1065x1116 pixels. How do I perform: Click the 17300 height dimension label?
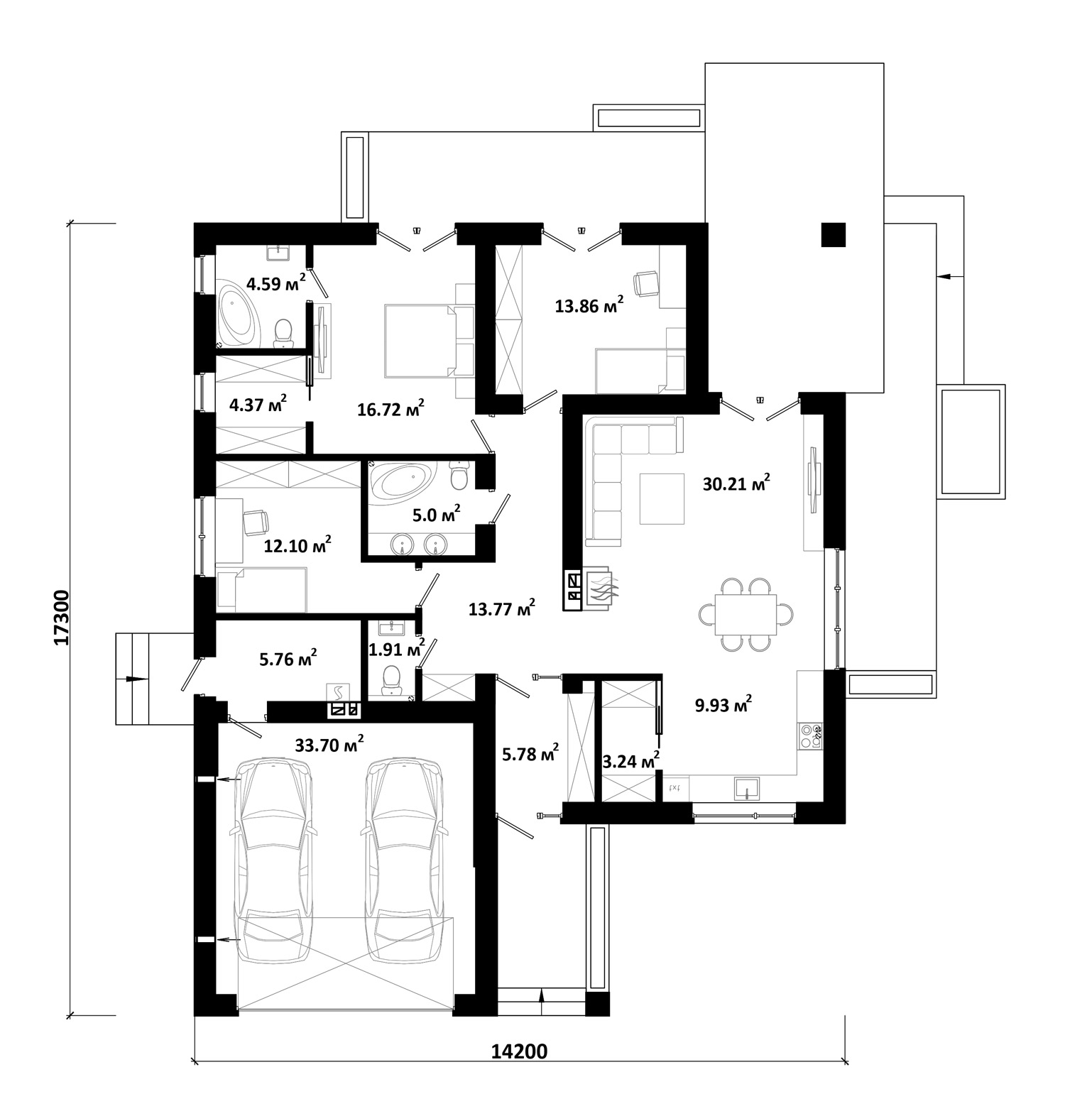coord(62,617)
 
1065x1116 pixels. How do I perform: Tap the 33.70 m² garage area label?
coord(329,745)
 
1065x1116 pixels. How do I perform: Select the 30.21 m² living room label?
coord(736,484)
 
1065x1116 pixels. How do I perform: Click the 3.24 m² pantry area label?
coord(630,761)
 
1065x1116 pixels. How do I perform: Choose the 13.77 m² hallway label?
coord(502,608)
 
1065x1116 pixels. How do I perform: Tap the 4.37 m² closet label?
coord(258,405)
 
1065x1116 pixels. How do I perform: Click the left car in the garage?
coord(275,861)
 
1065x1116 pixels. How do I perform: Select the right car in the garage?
coord(403,861)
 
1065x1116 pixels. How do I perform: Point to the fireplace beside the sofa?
coord(591,589)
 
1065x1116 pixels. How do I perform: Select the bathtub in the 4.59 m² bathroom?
coord(239,317)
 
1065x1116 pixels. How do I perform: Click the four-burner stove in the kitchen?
coord(809,735)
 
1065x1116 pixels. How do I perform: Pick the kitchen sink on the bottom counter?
coord(746,789)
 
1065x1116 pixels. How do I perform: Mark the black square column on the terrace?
coord(834,235)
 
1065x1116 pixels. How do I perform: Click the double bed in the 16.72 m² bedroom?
coord(419,340)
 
